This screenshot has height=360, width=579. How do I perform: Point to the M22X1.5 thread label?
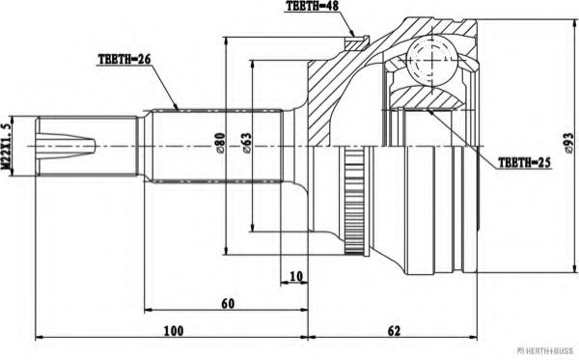tap(9, 147)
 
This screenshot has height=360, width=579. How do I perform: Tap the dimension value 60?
tap(227, 304)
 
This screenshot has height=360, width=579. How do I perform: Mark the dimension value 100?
tap(172, 330)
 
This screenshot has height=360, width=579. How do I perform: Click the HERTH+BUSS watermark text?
tap(545, 351)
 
